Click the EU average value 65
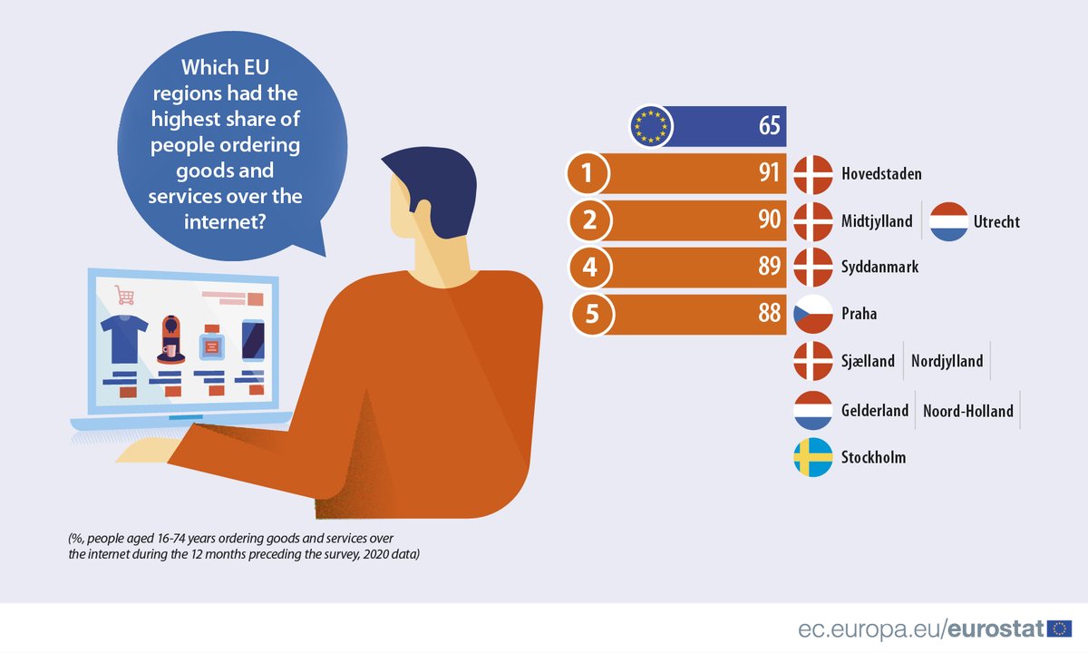pos(769,125)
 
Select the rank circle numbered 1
pos(588,173)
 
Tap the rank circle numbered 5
pos(593,315)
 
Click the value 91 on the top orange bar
pos(770,173)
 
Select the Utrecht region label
pos(996,221)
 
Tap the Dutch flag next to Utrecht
pos(949,221)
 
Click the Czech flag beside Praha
pos(813,315)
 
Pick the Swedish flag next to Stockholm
pos(813,457)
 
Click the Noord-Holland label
pos(968,410)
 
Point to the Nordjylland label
pos(947,361)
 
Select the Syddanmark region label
pos(879,267)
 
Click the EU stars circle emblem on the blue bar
pos(650,125)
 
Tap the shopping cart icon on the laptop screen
pos(124,296)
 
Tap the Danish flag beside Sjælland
pos(813,361)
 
